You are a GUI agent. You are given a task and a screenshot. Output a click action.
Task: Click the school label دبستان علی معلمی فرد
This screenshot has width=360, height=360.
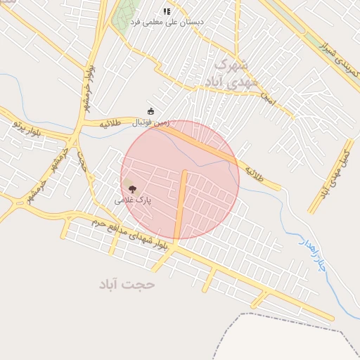pyautogui.click(x=174, y=22)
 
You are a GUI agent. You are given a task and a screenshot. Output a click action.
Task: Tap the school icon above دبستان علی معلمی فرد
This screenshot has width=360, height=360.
pyautogui.click(x=167, y=11)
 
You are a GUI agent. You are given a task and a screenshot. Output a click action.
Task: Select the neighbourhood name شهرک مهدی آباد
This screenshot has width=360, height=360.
pyautogui.click(x=228, y=73)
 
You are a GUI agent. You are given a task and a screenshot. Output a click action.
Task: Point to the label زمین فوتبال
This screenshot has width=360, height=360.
pyautogui.click(x=150, y=122)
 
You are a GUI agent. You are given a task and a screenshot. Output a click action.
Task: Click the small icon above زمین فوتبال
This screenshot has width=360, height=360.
pyautogui.click(x=150, y=111)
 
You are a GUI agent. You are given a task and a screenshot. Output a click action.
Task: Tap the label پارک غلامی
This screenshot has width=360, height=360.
pyautogui.click(x=133, y=200)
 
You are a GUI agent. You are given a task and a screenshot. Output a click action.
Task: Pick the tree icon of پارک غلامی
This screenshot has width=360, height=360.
pyautogui.click(x=132, y=188)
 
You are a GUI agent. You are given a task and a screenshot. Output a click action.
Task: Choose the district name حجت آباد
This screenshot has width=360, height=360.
pyautogui.click(x=127, y=284)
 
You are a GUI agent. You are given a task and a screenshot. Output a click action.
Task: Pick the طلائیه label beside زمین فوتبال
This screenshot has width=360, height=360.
pyautogui.click(x=110, y=123)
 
